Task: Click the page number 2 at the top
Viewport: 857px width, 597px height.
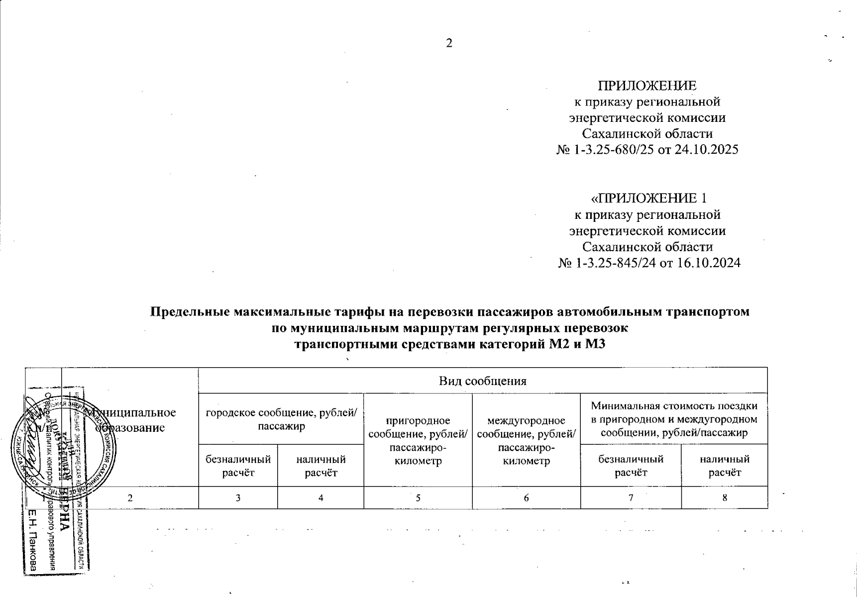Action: pyautogui.click(x=449, y=43)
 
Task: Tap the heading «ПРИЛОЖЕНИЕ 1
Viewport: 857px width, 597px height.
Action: pyautogui.click(x=648, y=198)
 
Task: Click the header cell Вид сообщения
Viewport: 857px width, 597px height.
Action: pyautogui.click(x=482, y=381)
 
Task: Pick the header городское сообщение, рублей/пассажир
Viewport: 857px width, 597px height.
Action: pyautogui.click(x=281, y=419)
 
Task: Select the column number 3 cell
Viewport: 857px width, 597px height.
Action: pyautogui.click(x=238, y=497)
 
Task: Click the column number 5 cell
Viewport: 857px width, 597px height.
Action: pyautogui.click(x=418, y=497)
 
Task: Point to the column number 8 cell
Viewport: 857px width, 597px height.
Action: pyautogui.click(x=725, y=497)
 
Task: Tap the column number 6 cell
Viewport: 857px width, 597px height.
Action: pyautogui.click(x=526, y=497)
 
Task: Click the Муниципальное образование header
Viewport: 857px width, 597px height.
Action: pyautogui.click(x=130, y=419)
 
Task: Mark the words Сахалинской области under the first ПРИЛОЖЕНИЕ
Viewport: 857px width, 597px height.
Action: pyautogui.click(x=647, y=134)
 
